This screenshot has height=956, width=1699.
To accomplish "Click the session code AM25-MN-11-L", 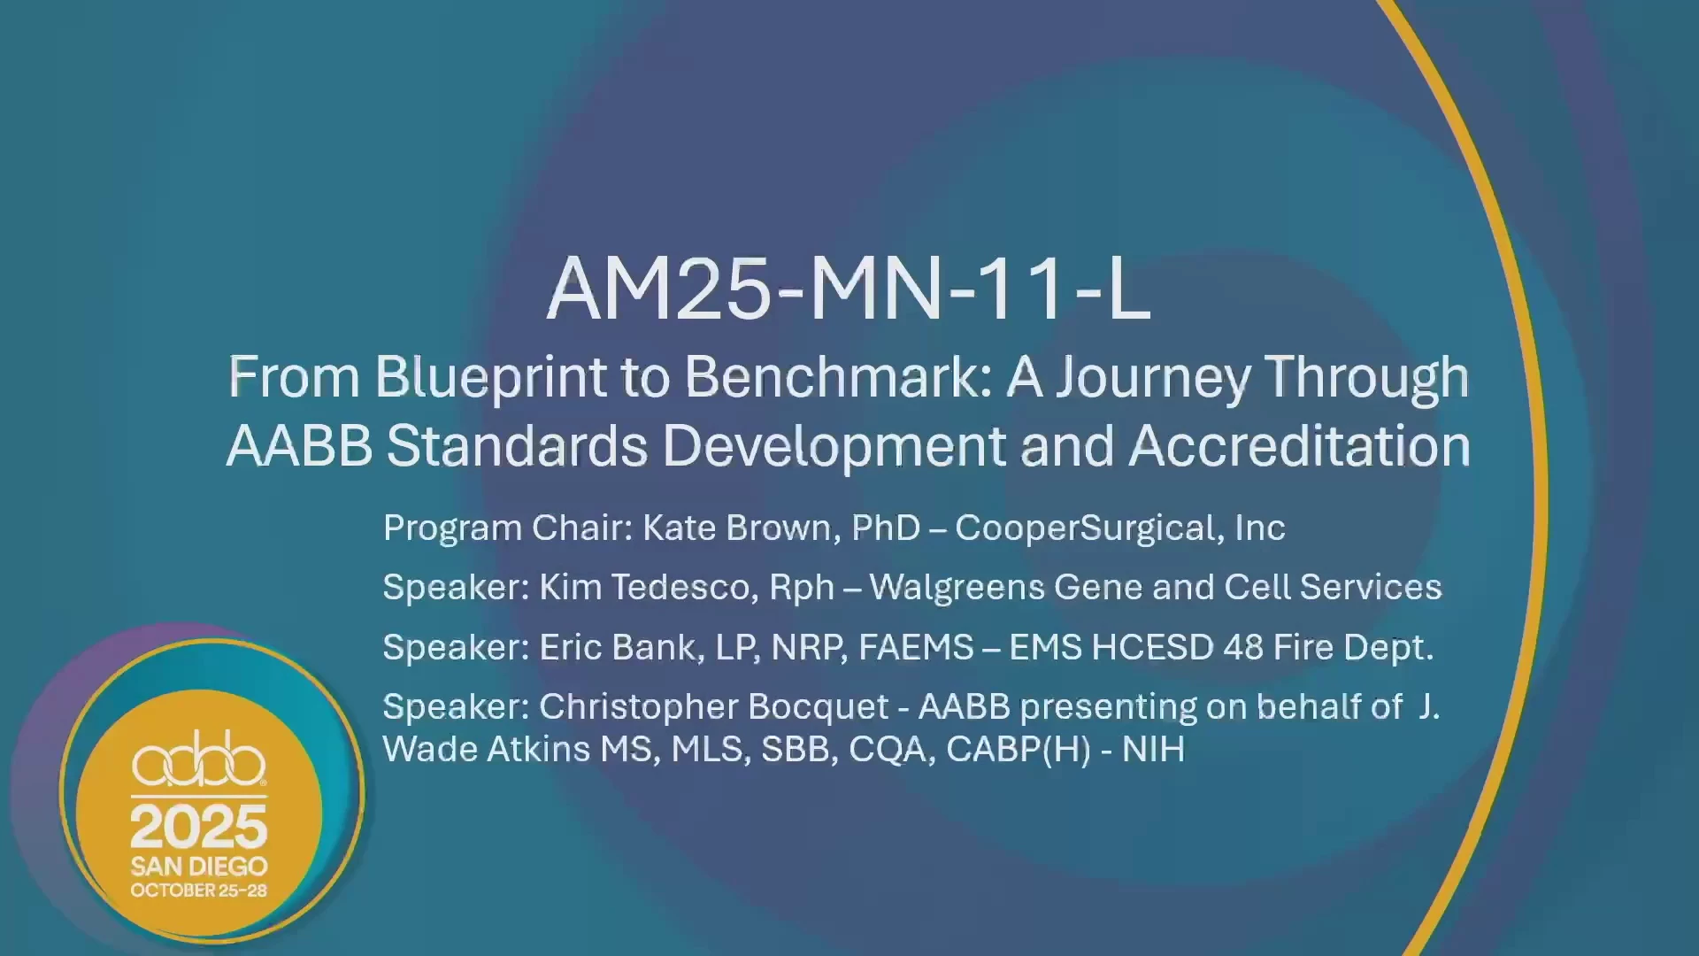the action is click(x=849, y=289).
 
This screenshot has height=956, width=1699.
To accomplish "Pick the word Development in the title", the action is click(x=834, y=448).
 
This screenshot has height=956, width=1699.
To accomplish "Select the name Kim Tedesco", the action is click(x=643, y=588).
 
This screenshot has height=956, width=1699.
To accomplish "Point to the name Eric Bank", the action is click(x=617, y=648).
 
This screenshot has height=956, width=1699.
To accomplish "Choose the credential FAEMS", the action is click(x=916, y=648).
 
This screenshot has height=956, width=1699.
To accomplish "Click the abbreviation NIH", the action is click(x=1153, y=750).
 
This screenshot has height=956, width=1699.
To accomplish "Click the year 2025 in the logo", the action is click(x=199, y=827).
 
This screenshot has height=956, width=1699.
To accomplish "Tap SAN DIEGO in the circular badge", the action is click(x=199, y=866).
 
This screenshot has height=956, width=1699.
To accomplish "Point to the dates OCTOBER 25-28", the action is click(x=199, y=890).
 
